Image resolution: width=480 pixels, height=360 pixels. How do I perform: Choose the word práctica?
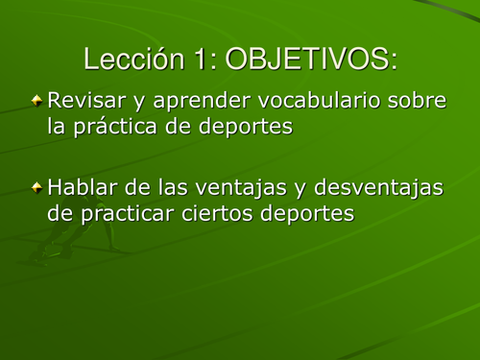pos(119,127)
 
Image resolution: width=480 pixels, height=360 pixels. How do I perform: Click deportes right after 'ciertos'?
pos(307,214)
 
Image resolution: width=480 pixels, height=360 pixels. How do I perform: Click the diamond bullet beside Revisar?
pos(36,100)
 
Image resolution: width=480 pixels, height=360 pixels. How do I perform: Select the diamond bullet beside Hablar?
pos(36,186)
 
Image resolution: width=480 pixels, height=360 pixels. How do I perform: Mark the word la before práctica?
pos(57,126)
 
